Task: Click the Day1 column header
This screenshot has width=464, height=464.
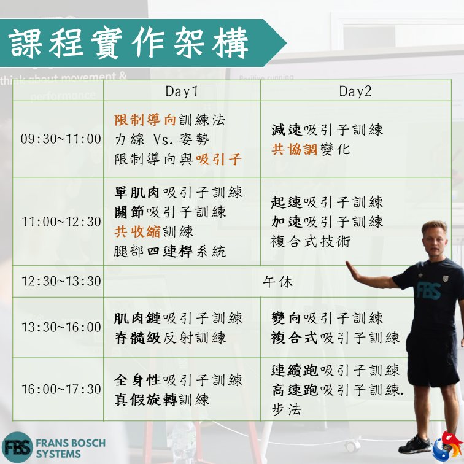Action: [182, 91]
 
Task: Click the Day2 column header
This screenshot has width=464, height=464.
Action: [355, 91]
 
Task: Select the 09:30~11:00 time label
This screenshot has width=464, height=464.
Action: [61, 139]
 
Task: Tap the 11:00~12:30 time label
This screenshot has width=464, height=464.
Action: [61, 222]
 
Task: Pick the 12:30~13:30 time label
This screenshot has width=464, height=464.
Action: [61, 281]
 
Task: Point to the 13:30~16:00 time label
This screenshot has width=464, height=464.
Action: [61, 327]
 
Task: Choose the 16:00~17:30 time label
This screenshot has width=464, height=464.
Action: [61, 389]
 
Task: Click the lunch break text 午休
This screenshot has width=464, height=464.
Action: [278, 282]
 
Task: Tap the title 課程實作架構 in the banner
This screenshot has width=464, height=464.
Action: [128, 43]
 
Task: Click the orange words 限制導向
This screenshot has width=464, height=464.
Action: [145, 120]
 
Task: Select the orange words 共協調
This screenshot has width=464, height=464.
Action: [294, 149]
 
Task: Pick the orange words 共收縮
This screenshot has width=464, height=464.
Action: [137, 231]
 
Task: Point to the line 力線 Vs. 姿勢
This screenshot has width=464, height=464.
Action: [162, 139]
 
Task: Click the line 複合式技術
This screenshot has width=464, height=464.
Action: [311, 241]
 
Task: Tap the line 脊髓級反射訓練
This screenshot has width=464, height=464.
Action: [170, 338]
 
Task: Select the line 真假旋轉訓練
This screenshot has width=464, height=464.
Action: [162, 400]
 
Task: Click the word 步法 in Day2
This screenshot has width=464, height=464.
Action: [286, 409]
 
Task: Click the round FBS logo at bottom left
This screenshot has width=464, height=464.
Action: [17, 447]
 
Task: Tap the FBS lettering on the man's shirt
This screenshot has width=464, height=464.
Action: [428, 290]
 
